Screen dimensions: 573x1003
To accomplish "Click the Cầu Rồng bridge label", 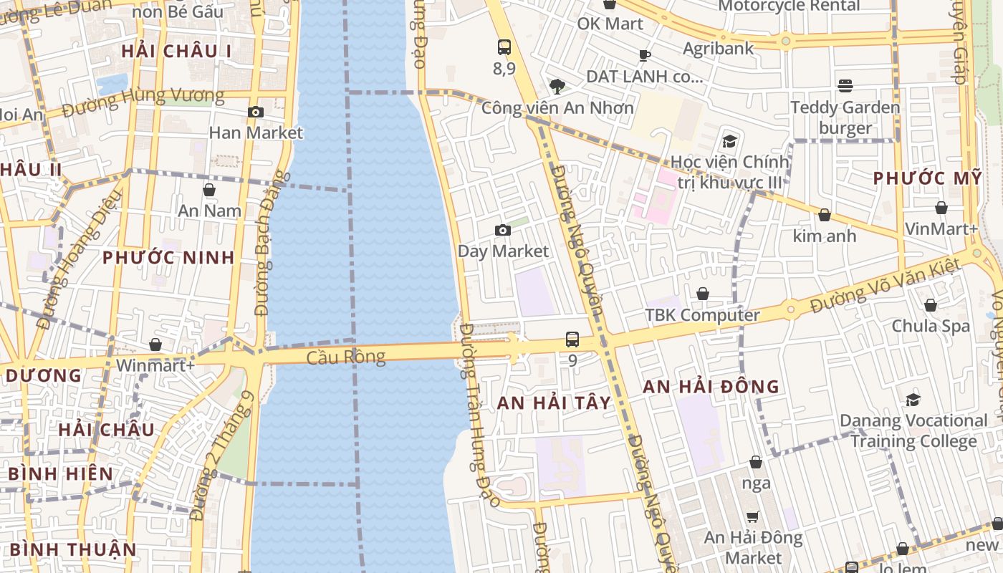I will [345, 357].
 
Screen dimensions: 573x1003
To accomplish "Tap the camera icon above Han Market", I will [255, 112].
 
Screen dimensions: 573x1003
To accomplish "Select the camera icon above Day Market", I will [503, 230].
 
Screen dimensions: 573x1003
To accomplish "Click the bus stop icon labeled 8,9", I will [504, 47].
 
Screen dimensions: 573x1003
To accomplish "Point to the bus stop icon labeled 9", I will [572, 340].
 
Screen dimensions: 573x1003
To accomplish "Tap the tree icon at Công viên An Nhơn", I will [557, 87].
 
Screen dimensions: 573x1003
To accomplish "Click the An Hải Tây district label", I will [555, 403].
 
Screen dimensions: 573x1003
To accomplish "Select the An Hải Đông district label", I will [711, 387].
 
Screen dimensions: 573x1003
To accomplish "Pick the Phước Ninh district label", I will [168, 258].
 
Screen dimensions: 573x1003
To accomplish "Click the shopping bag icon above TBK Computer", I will [703, 294].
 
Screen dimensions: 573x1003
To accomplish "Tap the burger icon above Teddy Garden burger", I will [845, 86].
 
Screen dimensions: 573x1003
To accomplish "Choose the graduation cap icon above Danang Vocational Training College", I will [913, 400].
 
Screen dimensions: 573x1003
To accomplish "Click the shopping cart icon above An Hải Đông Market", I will [753, 516].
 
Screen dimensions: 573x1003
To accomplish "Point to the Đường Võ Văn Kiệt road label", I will [886, 286].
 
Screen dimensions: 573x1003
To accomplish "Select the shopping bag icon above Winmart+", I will [155, 345].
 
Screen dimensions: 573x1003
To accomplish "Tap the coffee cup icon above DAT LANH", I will [645, 55].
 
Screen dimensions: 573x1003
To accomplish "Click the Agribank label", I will [719, 49].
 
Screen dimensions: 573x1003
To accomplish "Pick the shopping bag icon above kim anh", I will [825, 215].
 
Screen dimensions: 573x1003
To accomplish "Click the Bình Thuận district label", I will [73, 549].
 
